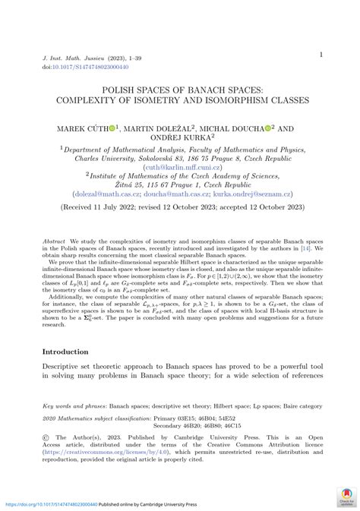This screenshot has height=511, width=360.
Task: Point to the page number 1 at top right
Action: pyautogui.click(x=321, y=54)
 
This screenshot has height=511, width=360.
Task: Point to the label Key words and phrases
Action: pyautogui.click(x=74, y=406)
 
